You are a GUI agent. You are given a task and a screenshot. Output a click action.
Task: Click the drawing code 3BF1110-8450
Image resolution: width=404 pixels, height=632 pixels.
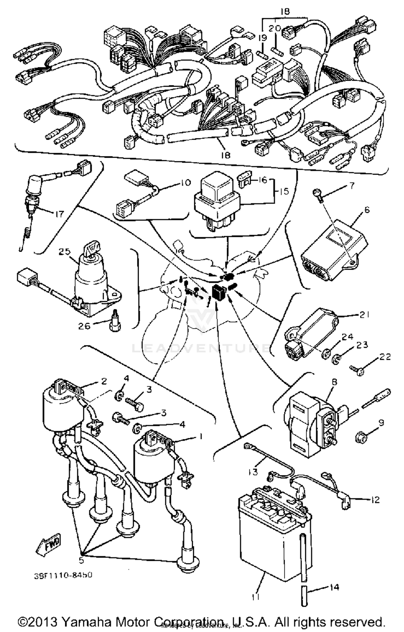pos(63,575)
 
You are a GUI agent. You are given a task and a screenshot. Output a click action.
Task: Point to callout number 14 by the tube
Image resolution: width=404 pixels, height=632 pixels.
pos(334,588)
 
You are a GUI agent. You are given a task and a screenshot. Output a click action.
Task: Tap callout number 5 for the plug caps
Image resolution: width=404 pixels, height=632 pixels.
pos(81,560)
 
